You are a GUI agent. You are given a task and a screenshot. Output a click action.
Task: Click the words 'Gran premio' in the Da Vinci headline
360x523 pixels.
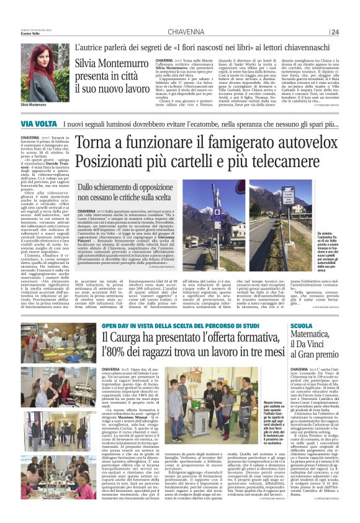328,358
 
